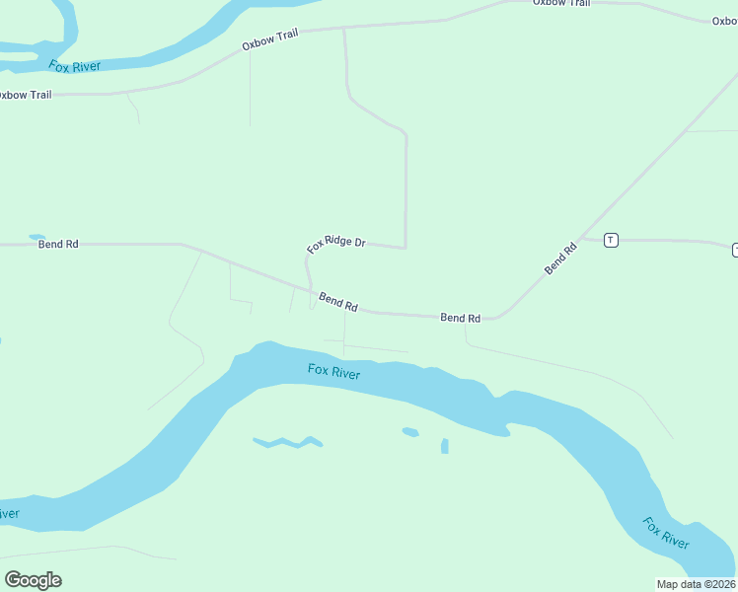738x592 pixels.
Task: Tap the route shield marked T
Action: point(611,240)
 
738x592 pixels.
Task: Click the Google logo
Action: point(33,580)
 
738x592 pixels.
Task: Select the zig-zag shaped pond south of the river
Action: point(287,442)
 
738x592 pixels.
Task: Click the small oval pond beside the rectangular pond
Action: point(410,432)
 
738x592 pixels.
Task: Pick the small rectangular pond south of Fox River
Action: point(445,446)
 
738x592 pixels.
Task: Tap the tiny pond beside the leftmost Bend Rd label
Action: point(37,237)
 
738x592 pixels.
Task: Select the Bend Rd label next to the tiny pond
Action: point(58,244)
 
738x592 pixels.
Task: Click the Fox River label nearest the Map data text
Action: point(666,533)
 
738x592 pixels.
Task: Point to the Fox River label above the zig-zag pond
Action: point(333,372)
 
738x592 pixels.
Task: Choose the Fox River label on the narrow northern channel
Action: point(75,65)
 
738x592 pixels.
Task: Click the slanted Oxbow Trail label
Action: point(269,40)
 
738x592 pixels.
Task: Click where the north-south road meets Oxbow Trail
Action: point(343,30)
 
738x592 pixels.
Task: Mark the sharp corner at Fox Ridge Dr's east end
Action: point(406,248)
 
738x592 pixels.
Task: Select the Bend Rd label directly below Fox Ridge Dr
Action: point(337,300)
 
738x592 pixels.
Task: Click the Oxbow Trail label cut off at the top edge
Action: point(561,4)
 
